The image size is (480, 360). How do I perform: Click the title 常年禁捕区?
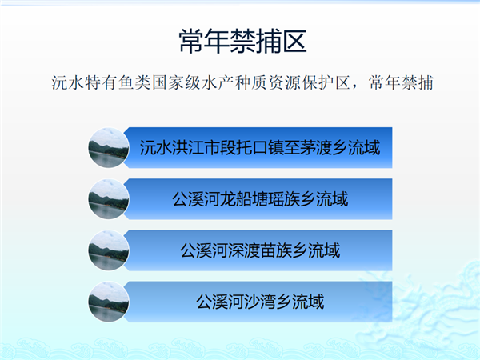242,42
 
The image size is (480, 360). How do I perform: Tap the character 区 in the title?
294,42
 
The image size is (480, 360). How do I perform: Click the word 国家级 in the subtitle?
176,82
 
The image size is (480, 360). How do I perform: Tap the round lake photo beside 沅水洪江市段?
108,148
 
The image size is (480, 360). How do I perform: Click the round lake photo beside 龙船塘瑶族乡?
108,199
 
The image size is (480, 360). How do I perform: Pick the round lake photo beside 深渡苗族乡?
108,250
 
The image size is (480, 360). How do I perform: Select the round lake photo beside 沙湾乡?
108,302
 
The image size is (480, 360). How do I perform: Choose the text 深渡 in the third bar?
244,250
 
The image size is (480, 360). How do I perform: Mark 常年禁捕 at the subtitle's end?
401,82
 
